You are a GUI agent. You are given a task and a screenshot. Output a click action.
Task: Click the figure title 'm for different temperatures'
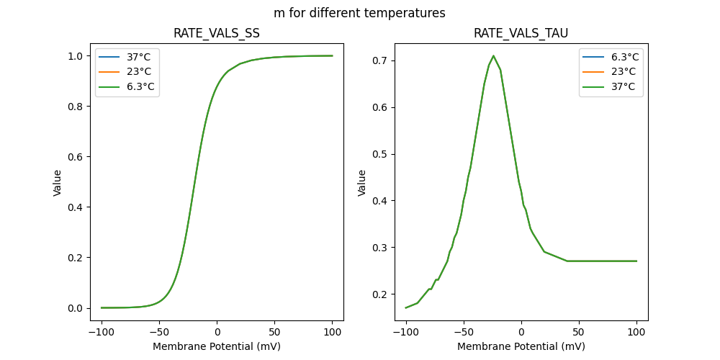point(359,13)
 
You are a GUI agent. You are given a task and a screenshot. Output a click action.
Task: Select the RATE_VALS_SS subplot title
point(217,33)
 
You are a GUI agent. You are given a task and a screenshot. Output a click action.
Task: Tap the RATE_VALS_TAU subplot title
point(521,33)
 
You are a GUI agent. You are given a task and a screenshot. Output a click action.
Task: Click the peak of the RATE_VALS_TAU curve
point(493,55)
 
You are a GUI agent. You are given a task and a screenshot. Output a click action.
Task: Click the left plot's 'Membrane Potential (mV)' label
point(217,346)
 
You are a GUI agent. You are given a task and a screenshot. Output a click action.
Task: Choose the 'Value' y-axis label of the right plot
point(362,182)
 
